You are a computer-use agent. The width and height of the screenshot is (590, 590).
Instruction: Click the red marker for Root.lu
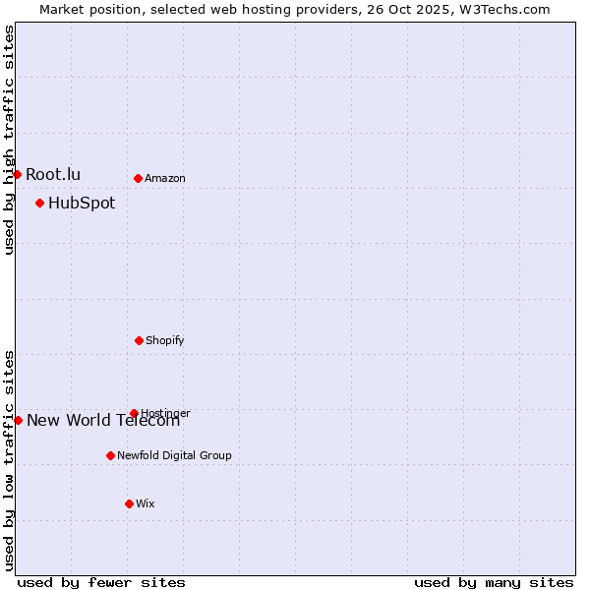(x=17, y=174)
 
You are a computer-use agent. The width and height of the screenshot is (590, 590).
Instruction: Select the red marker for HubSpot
(x=39, y=204)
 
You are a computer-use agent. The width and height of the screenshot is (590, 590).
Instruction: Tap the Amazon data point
(x=138, y=178)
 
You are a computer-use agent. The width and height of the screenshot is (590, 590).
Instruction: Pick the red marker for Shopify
(x=139, y=340)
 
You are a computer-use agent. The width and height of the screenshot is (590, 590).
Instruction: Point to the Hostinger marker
(x=134, y=413)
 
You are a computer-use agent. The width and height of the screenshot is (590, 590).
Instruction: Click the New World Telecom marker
(x=18, y=420)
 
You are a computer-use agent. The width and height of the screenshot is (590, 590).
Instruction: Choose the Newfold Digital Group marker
(x=110, y=455)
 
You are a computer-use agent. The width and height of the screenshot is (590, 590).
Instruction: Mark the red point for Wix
(x=129, y=503)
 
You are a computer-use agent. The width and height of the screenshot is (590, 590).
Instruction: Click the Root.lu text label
(x=53, y=174)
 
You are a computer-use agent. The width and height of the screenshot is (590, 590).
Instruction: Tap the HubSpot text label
(x=82, y=204)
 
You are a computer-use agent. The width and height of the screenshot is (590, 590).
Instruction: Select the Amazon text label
(x=165, y=178)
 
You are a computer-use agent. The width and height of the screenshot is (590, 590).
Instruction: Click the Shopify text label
(x=165, y=340)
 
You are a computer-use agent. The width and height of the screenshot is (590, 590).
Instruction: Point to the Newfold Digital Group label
(x=174, y=455)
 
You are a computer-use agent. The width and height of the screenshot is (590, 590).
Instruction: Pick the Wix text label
(x=146, y=503)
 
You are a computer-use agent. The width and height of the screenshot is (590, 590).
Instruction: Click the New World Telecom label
(x=103, y=421)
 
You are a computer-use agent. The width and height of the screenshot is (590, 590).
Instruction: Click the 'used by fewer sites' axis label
(x=101, y=582)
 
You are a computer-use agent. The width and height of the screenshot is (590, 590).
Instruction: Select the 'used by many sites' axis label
(x=494, y=582)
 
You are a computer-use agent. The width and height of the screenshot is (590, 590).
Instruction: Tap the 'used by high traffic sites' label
(x=9, y=140)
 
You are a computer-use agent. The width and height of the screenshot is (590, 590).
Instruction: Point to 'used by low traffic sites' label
(x=9, y=460)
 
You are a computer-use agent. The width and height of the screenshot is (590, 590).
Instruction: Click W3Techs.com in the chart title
(x=501, y=9)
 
